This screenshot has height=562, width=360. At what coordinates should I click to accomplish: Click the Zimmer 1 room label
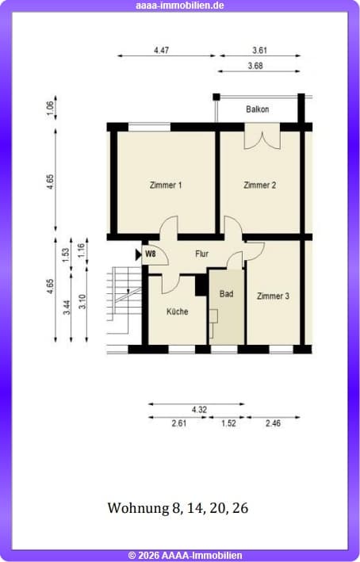166,185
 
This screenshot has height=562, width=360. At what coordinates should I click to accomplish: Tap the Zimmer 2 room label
259,185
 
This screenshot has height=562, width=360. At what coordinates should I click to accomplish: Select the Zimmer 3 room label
273,296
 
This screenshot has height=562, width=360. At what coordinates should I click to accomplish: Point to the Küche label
177,312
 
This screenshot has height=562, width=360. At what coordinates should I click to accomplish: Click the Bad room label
226,294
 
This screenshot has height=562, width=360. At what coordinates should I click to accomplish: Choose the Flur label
201,254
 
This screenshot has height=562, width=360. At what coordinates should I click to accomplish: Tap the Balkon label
258,109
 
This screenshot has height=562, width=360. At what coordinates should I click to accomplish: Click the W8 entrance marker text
150,254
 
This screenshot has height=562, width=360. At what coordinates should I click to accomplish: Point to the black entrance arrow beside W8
139,254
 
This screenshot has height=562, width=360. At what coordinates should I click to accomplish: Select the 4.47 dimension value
161,50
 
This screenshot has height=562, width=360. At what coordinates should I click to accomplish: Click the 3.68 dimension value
255,66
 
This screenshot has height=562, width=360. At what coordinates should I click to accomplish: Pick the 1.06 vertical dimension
50,109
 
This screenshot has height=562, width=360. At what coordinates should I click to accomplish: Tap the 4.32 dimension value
199,410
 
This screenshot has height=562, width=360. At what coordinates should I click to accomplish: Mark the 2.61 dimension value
179,423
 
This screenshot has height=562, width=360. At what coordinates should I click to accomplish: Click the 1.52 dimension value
228,423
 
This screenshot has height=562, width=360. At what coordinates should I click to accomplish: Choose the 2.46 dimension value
273,423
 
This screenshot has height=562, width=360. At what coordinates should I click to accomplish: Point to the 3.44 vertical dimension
67,308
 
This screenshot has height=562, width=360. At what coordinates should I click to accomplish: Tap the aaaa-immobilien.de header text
180,6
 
